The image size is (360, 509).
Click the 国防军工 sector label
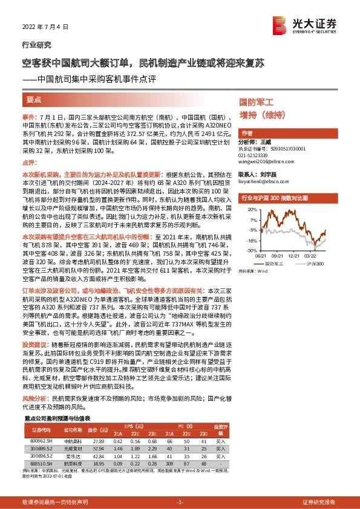coord(256,103)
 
